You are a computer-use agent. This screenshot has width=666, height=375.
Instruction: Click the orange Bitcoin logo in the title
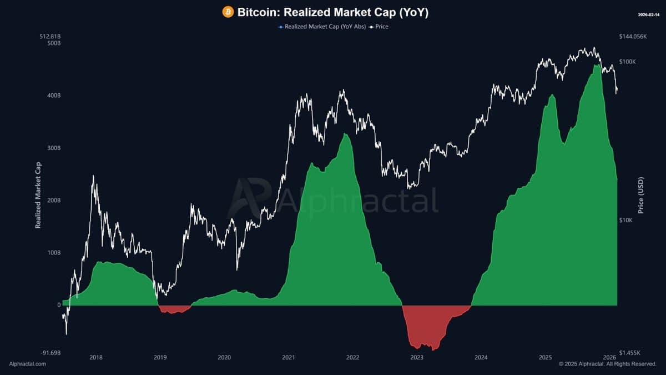(228, 12)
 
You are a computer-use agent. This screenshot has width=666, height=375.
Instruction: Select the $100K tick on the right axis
(628, 62)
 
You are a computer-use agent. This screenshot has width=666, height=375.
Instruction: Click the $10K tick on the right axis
(626, 220)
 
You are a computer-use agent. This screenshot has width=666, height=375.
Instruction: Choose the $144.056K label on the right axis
(633, 37)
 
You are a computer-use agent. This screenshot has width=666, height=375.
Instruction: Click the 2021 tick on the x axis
(288, 357)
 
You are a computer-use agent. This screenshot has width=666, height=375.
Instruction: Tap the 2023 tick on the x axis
(416, 357)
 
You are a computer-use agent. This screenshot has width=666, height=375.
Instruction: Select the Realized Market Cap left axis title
(38, 194)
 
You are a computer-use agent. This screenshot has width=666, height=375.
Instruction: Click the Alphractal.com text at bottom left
(28, 364)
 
